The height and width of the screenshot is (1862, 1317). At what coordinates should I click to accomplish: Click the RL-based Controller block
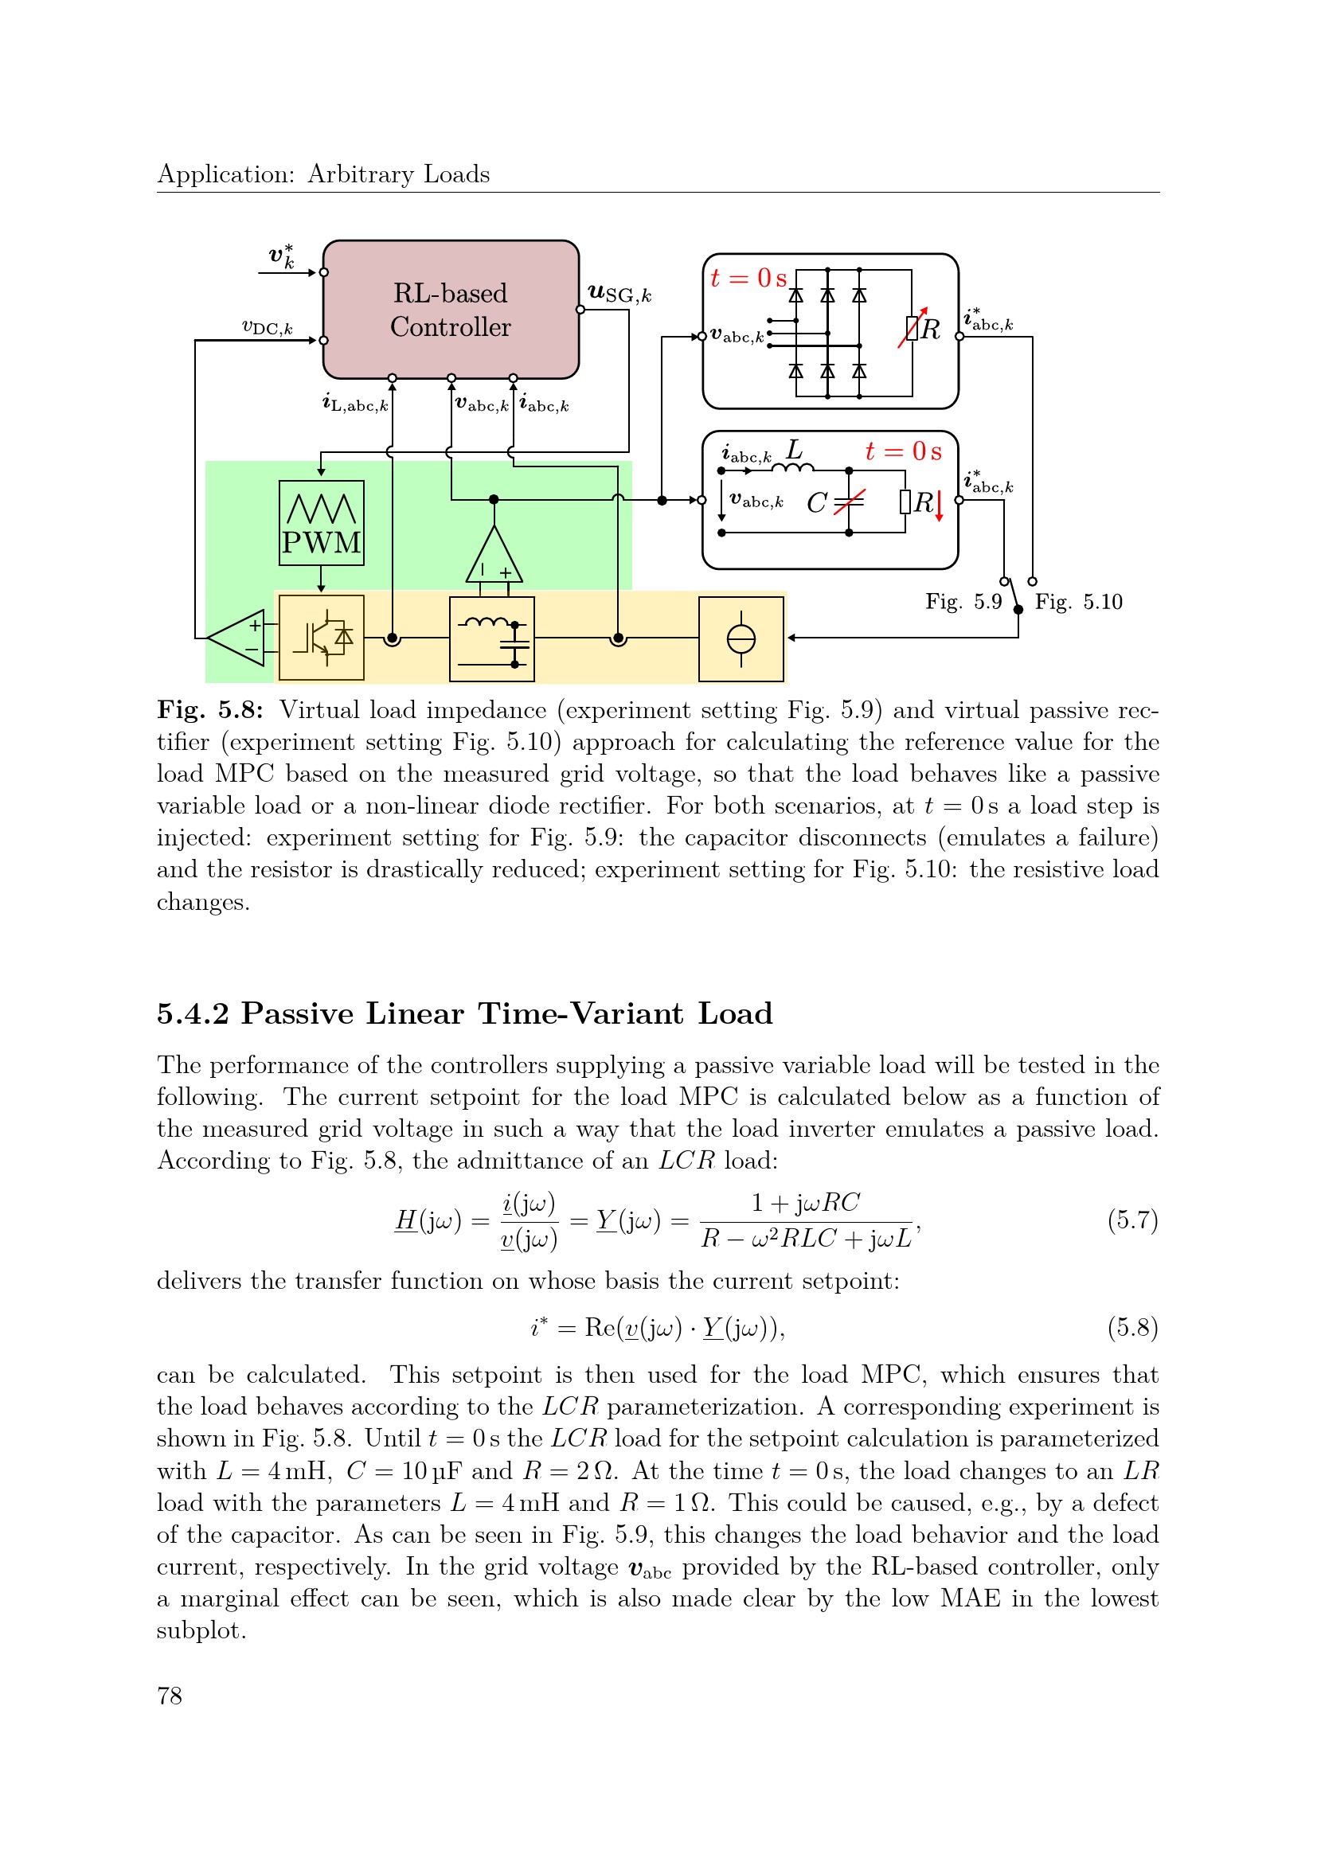click(451, 309)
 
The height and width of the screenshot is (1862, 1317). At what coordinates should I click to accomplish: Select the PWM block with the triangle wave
click(321, 522)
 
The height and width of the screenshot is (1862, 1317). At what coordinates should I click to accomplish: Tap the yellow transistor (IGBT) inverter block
click(321, 638)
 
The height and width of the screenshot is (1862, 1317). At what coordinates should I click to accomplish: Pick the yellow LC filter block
click(492, 638)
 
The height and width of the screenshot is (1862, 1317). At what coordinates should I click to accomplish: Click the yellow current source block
click(741, 638)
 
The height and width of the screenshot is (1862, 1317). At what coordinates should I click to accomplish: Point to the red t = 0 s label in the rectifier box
click(748, 278)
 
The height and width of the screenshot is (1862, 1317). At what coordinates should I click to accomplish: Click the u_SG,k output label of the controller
click(619, 294)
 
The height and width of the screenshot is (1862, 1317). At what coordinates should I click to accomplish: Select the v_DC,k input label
click(267, 327)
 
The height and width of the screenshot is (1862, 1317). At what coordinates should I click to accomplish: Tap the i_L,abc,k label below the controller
click(355, 403)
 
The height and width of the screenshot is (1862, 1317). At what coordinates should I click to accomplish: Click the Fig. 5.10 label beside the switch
click(1079, 602)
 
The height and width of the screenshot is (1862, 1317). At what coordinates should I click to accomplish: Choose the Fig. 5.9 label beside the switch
click(963, 602)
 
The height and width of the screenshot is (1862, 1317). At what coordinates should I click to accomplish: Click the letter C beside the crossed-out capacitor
click(817, 504)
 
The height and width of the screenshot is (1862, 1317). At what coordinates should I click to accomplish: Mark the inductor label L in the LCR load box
click(794, 448)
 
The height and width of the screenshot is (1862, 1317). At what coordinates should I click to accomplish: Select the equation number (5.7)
click(1133, 1220)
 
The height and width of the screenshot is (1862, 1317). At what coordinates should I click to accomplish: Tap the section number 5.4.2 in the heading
click(193, 1013)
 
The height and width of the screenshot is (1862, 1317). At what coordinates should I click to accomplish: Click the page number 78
click(170, 1696)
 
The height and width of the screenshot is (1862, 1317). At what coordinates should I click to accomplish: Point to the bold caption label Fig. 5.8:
click(211, 710)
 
